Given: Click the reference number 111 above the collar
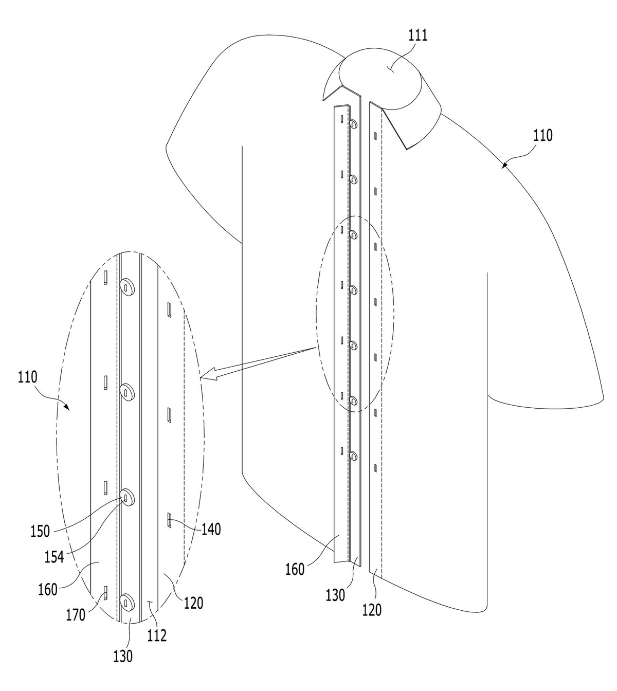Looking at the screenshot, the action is pos(418,35).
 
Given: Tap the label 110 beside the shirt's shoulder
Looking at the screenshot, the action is pos(542,135).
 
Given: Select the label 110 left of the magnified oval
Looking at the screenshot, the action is pos(28,377).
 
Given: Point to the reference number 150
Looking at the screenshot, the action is pos(40,532).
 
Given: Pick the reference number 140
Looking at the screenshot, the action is pos(211,530).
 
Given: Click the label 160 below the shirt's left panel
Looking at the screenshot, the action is pos(295,569).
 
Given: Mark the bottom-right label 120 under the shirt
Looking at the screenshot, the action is pos(371,610).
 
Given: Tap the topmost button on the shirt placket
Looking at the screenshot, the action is pos(353,124).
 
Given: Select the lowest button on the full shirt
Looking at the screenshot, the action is pos(353,456).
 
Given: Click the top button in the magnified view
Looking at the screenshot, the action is pos(127,286).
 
